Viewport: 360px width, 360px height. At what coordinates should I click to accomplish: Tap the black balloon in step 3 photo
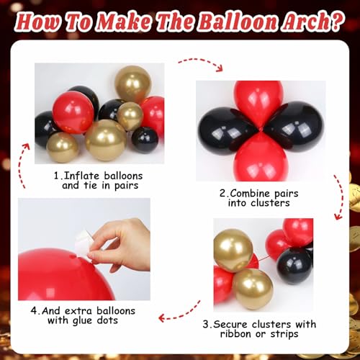[294, 264]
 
